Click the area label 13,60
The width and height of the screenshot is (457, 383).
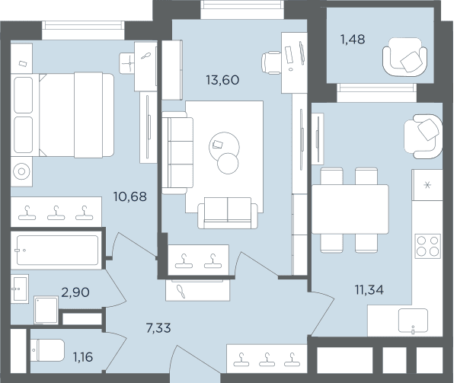pyautogui.click(x=222, y=80)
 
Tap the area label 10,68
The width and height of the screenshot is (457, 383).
pyautogui.click(x=130, y=196)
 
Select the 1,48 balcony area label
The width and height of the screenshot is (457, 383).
pyautogui.click(x=353, y=40)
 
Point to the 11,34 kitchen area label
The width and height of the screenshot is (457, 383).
pyautogui.click(x=369, y=290)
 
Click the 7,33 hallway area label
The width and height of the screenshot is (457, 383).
pyautogui.click(x=158, y=328)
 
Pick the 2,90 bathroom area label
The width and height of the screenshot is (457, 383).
pyautogui.click(x=75, y=292)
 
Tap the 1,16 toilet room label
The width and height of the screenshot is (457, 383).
pyautogui.click(x=83, y=357)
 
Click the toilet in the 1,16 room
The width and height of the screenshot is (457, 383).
pyautogui.click(x=47, y=350)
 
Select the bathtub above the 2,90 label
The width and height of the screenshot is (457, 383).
pyautogui.click(x=57, y=251)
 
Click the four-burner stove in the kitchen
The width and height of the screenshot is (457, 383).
pyautogui.click(x=427, y=246)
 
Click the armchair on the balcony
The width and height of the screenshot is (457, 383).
pyautogui.click(x=405, y=57)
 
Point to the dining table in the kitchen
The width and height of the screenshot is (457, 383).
pyautogui.click(x=350, y=209)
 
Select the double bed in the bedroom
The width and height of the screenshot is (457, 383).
pyautogui.click(x=62, y=115)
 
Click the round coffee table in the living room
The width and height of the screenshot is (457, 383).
pyautogui.click(x=224, y=146)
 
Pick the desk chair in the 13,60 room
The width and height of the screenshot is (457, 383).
pyautogui.click(x=271, y=62)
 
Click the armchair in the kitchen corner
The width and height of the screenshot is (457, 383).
pyautogui.click(x=423, y=136)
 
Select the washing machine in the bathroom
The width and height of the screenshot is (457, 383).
pyautogui.click(x=46, y=310)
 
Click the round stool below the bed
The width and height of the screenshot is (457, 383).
pyautogui.click(x=21, y=171)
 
